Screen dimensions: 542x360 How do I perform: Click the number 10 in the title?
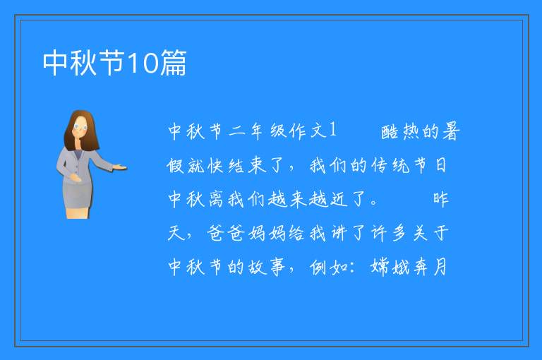(143, 63)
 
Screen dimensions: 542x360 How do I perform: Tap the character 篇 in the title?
(173, 63)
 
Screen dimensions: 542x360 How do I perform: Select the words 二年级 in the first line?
(257, 131)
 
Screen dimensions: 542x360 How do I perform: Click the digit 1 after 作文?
(332, 130)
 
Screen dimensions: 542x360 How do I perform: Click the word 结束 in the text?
(248, 165)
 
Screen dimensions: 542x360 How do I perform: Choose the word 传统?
(390, 165)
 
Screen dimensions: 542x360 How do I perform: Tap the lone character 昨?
(440, 200)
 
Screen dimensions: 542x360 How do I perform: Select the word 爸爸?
(226, 233)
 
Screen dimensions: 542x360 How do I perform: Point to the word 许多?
(389, 233)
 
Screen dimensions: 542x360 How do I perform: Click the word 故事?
(267, 267)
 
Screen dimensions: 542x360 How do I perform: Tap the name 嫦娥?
(390, 267)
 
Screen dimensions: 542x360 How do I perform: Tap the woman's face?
(80, 126)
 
